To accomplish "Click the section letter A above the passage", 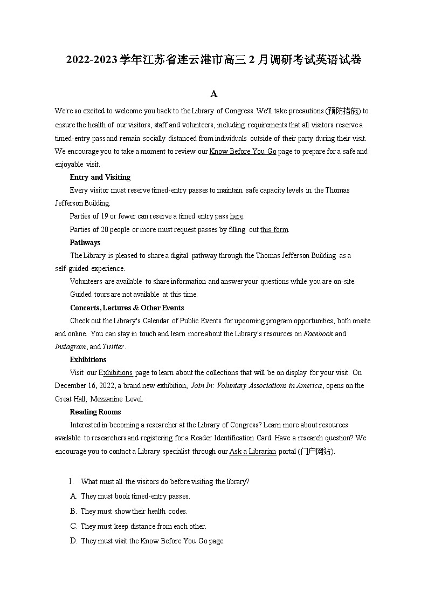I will point(213,94).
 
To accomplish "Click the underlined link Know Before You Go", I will point(243,152).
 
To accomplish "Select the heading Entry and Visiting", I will point(100,178).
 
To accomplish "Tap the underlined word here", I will point(236,216).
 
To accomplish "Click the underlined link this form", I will point(274,230).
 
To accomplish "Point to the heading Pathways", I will point(85,243).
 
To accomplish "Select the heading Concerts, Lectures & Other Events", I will point(127,308).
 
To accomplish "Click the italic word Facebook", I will point(319,334).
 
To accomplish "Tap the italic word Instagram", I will point(71,347).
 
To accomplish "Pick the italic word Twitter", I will point(113,347).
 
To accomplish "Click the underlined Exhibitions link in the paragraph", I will point(115,373).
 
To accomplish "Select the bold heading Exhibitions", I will point(88,360).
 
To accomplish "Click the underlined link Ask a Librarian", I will point(253,452).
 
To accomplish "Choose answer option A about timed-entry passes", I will point(135,496).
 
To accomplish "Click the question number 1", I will point(70,481).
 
